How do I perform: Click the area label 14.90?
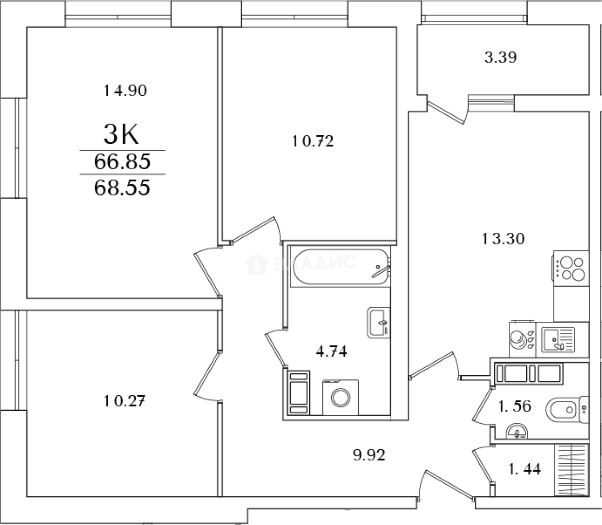tap(125, 90)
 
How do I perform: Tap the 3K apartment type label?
tap(121, 135)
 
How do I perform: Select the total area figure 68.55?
tap(122, 188)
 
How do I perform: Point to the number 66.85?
tap(122, 162)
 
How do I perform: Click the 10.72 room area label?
tap(313, 141)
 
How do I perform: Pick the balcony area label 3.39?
tap(501, 57)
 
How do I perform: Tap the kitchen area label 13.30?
tap(503, 239)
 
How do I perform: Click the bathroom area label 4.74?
tap(331, 351)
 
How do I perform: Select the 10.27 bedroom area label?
tap(124, 401)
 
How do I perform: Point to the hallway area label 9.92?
tap(369, 455)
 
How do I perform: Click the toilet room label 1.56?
tap(515, 406)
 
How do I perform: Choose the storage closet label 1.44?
tap(525, 477)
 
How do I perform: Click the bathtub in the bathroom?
tap(341, 267)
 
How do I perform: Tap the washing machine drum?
tap(341, 398)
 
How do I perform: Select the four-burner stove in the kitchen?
tap(571, 268)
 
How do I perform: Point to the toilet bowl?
tap(567, 409)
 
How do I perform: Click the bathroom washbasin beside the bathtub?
tap(379, 323)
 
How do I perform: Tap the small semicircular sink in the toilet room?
tap(517, 431)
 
